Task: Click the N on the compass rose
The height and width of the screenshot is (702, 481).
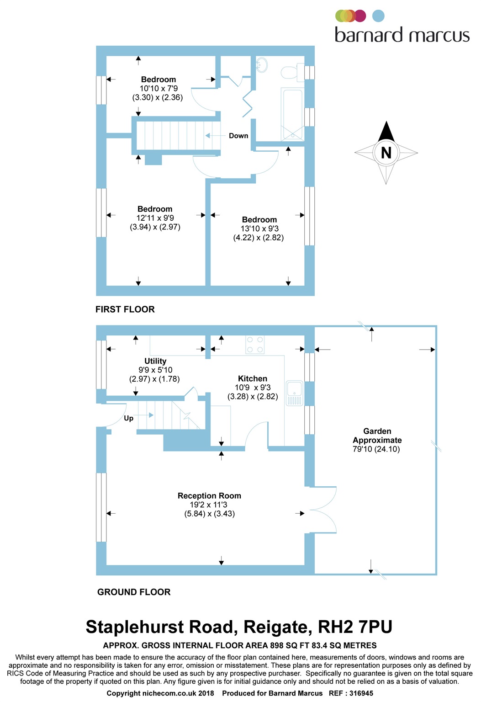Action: point(386,153)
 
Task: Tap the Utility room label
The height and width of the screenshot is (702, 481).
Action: point(155,361)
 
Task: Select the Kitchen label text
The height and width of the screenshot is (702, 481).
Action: point(252,378)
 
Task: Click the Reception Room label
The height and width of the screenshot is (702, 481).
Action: point(209,496)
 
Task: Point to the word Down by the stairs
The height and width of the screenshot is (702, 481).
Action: point(238,136)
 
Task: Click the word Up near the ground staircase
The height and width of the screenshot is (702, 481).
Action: point(129,418)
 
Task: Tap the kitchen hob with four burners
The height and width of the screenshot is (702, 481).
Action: point(255,345)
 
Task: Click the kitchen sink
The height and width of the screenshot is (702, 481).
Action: point(295,392)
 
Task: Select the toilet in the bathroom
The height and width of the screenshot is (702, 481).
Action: point(291,72)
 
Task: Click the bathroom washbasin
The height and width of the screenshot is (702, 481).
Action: point(262,65)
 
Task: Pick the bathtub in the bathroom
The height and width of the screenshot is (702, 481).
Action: point(291,114)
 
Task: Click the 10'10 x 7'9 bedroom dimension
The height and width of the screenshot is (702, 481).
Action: point(159,89)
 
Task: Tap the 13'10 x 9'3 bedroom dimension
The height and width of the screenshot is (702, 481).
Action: point(259,229)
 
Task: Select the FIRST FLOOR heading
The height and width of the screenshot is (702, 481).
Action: point(125,309)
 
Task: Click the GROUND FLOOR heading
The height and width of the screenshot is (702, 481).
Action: point(134,592)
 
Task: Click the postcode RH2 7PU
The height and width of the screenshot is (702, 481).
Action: point(355,627)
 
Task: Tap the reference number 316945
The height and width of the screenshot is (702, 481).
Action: point(361,693)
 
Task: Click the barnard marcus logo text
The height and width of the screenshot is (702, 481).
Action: point(402,35)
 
